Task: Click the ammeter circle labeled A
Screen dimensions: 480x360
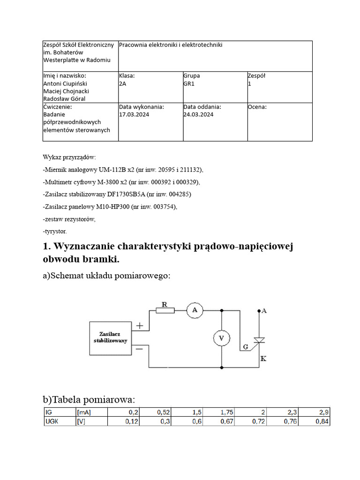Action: pos(194,310)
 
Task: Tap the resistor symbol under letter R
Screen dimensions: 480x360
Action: pos(165,310)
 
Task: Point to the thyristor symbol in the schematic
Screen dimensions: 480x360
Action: pos(259,341)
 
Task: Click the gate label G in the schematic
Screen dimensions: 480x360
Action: pos(246,347)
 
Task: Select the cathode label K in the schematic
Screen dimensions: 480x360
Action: pos(263,359)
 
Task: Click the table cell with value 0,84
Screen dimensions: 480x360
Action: pos(321,421)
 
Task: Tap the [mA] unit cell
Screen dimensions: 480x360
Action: pos(84,412)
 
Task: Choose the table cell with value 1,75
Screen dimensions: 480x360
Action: pos(225,412)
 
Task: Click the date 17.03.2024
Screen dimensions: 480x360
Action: pos(134,114)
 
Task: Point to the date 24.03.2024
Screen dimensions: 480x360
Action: pos(198,114)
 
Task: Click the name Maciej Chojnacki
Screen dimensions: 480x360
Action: pos(66,91)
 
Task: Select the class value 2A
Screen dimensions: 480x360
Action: pos(123,83)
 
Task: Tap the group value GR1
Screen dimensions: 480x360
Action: pos(189,83)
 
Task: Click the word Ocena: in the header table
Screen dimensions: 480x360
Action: pos(257,106)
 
